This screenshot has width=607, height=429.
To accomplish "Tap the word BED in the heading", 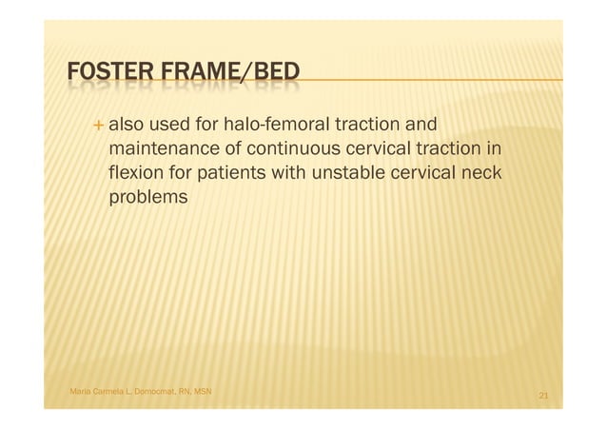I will [x=273, y=73].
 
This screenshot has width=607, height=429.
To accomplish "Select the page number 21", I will [x=543, y=395].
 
